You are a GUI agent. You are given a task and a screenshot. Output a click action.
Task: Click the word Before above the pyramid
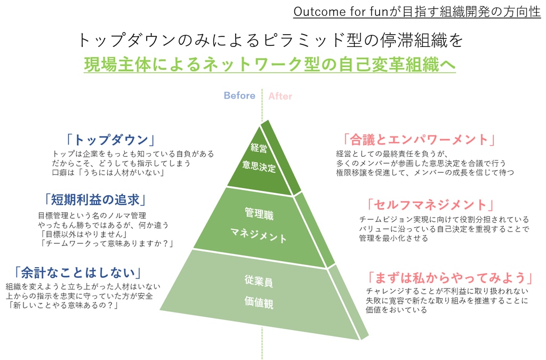(239, 95)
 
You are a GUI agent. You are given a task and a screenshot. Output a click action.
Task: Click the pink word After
(280, 96)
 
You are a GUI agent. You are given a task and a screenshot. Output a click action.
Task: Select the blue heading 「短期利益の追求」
(95, 199)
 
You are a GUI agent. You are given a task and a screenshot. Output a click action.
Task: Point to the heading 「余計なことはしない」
(78, 273)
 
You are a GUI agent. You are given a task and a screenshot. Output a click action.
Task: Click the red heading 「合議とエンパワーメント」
(419, 140)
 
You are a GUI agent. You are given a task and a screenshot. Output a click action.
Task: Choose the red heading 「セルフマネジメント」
(430, 205)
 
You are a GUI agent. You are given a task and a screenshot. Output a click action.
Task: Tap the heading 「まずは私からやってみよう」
(450, 278)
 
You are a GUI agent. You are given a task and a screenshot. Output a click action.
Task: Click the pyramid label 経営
(259, 148)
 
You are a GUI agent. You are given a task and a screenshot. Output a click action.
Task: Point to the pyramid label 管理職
(259, 213)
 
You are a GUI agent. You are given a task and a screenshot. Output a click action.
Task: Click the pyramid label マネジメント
(259, 235)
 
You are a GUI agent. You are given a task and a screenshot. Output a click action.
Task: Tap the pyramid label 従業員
(259, 281)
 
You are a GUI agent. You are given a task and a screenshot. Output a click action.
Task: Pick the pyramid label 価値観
(259, 302)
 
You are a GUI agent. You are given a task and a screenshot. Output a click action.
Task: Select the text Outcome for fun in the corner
(341, 12)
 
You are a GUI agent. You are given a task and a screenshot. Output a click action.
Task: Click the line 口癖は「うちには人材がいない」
(108, 173)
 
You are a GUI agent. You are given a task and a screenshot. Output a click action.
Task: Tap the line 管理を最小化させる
(394, 238)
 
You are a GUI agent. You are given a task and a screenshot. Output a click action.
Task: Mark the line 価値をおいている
(396, 310)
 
